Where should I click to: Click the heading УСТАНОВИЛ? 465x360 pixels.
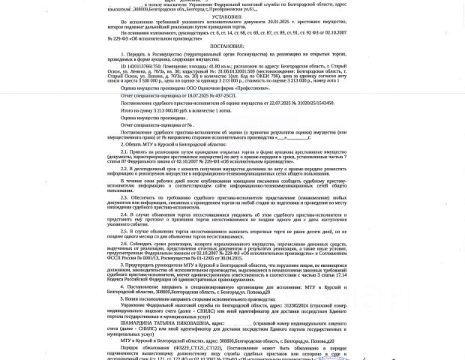click(x=226, y=16)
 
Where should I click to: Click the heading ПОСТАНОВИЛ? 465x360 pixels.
click(x=226, y=46)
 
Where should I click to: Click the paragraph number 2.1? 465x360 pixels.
click(x=124, y=151)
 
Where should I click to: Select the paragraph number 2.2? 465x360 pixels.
click(x=124, y=169)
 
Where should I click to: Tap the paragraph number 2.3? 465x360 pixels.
click(x=124, y=198)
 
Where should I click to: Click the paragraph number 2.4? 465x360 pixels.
click(x=124, y=214)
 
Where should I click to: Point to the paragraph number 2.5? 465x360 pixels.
click(x=124, y=231)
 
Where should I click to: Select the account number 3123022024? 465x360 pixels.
click(x=297, y=305)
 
